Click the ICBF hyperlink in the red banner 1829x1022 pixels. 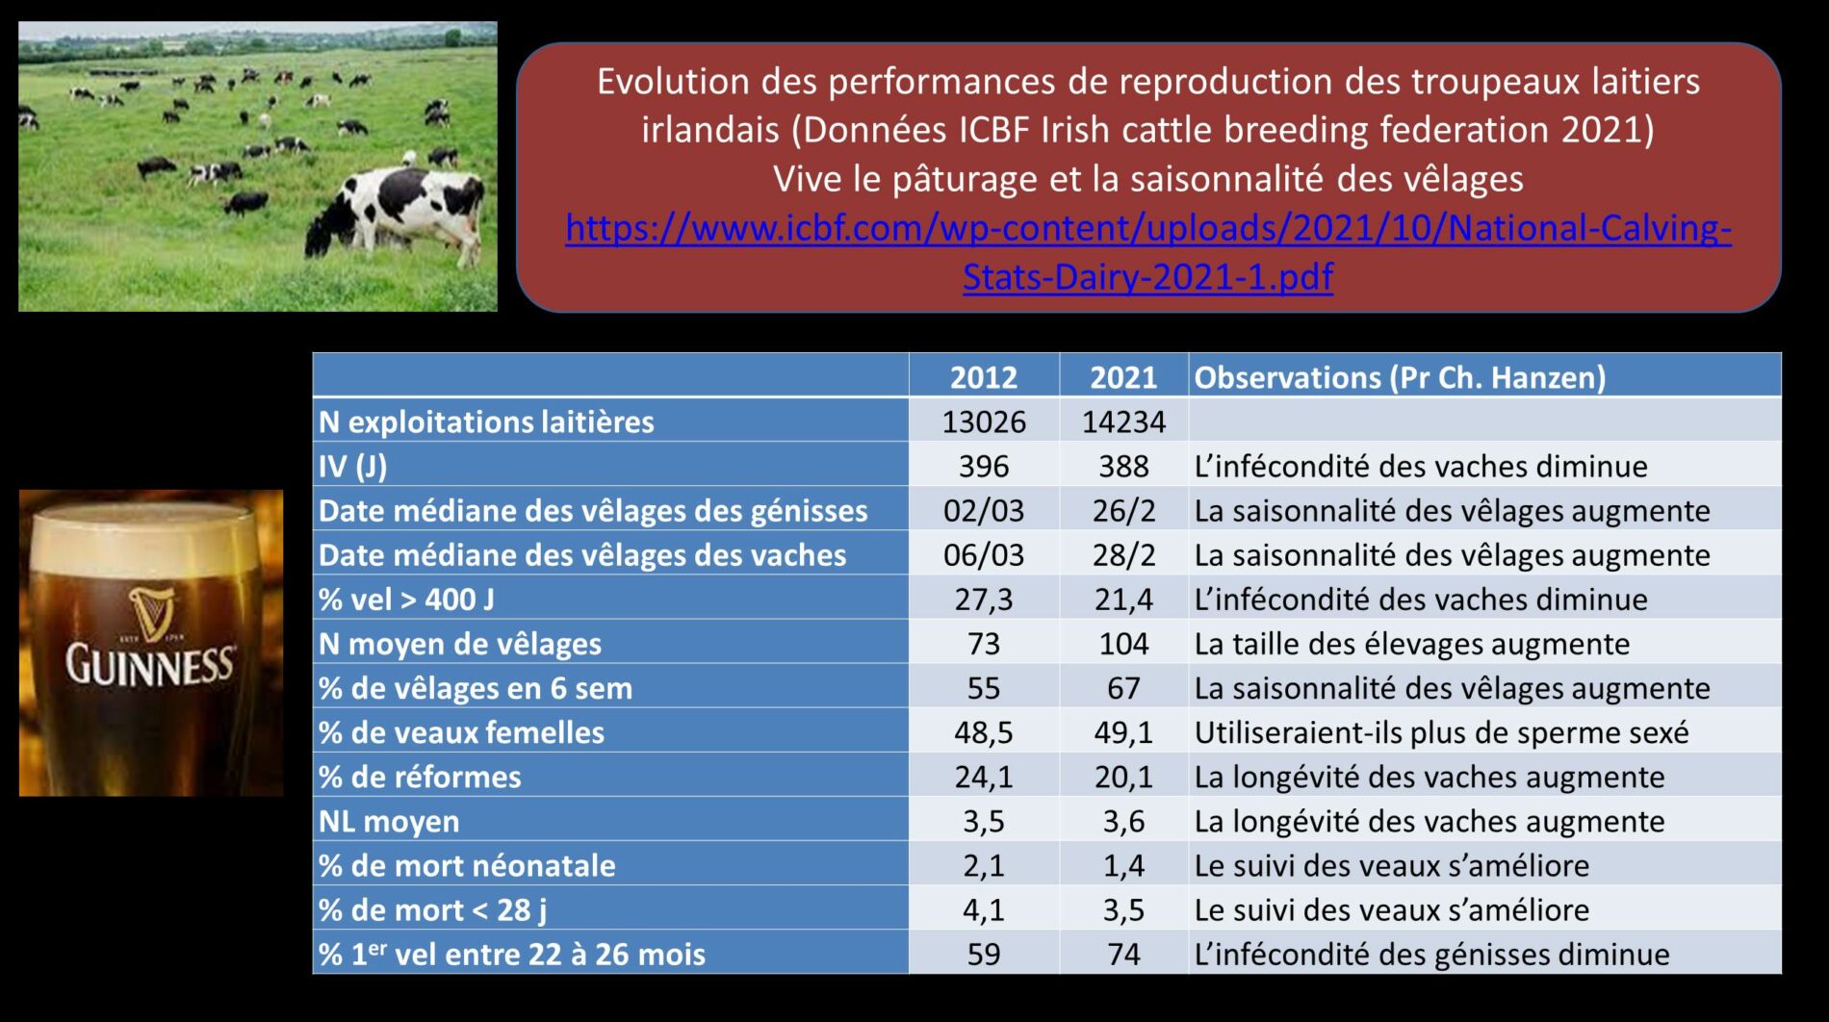point(1147,252)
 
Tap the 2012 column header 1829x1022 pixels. point(983,377)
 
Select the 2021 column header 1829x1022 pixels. point(1123,377)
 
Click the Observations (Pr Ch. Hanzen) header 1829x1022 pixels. point(1400,377)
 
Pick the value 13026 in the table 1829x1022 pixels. point(984,422)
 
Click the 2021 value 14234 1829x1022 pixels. point(1123,422)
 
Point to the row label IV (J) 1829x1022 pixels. point(352,467)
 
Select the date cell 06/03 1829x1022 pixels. point(984,555)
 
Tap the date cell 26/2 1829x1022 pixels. point(1123,511)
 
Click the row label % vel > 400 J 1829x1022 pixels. point(406,600)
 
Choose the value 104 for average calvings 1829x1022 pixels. point(1123,644)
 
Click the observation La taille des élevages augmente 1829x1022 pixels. point(1412,644)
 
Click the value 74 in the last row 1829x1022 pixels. point(1123,955)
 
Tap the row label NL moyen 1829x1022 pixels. point(389,822)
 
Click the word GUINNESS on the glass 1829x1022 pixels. point(149,665)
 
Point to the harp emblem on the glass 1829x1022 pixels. point(152,611)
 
